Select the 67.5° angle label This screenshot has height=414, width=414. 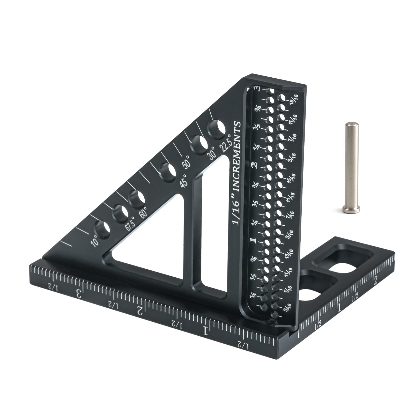130,224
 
